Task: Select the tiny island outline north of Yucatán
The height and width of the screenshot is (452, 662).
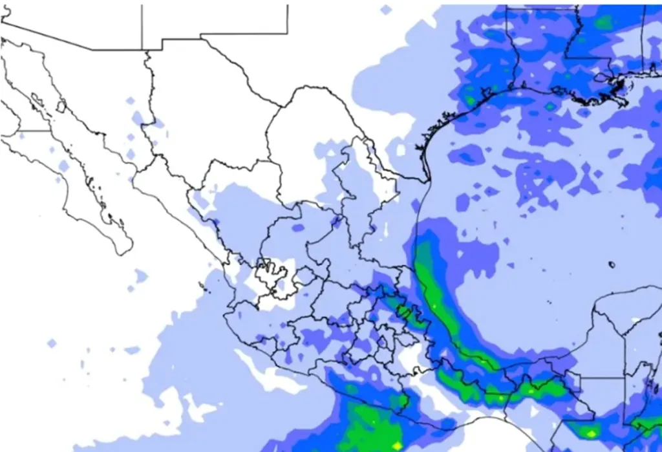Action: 612,264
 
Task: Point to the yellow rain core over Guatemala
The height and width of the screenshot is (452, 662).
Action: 589,433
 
